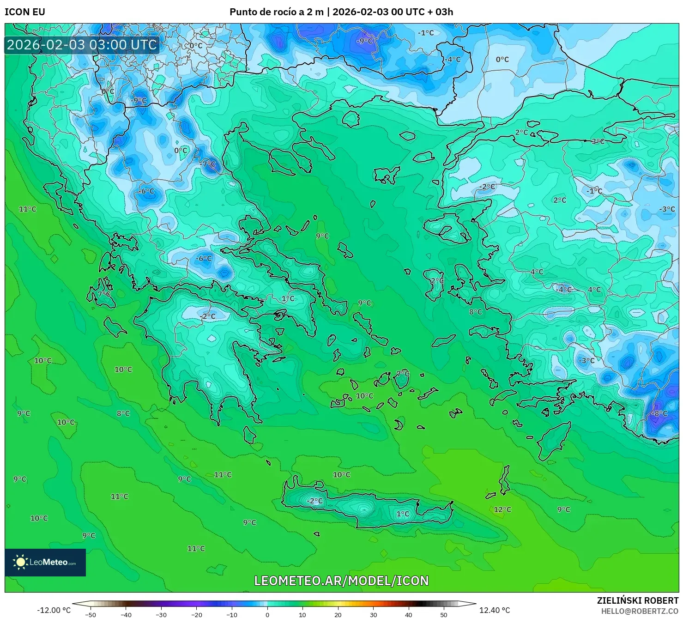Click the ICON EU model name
point(25,12)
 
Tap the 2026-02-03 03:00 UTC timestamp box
point(82,45)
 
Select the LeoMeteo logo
point(45,562)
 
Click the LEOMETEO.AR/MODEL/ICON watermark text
point(341,581)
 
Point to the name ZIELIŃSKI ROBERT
point(637,600)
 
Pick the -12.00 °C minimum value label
point(54,610)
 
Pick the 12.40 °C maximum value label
point(495,610)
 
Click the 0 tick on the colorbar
point(267,614)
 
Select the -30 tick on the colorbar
point(161,614)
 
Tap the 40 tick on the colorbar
point(409,614)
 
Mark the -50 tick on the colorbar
point(90,614)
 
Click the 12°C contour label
point(502,509)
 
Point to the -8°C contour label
point(659,413)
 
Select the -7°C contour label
point(208,164)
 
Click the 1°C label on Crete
point(403,514)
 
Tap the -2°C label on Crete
point(315,501)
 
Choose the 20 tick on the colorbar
point(338,614)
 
